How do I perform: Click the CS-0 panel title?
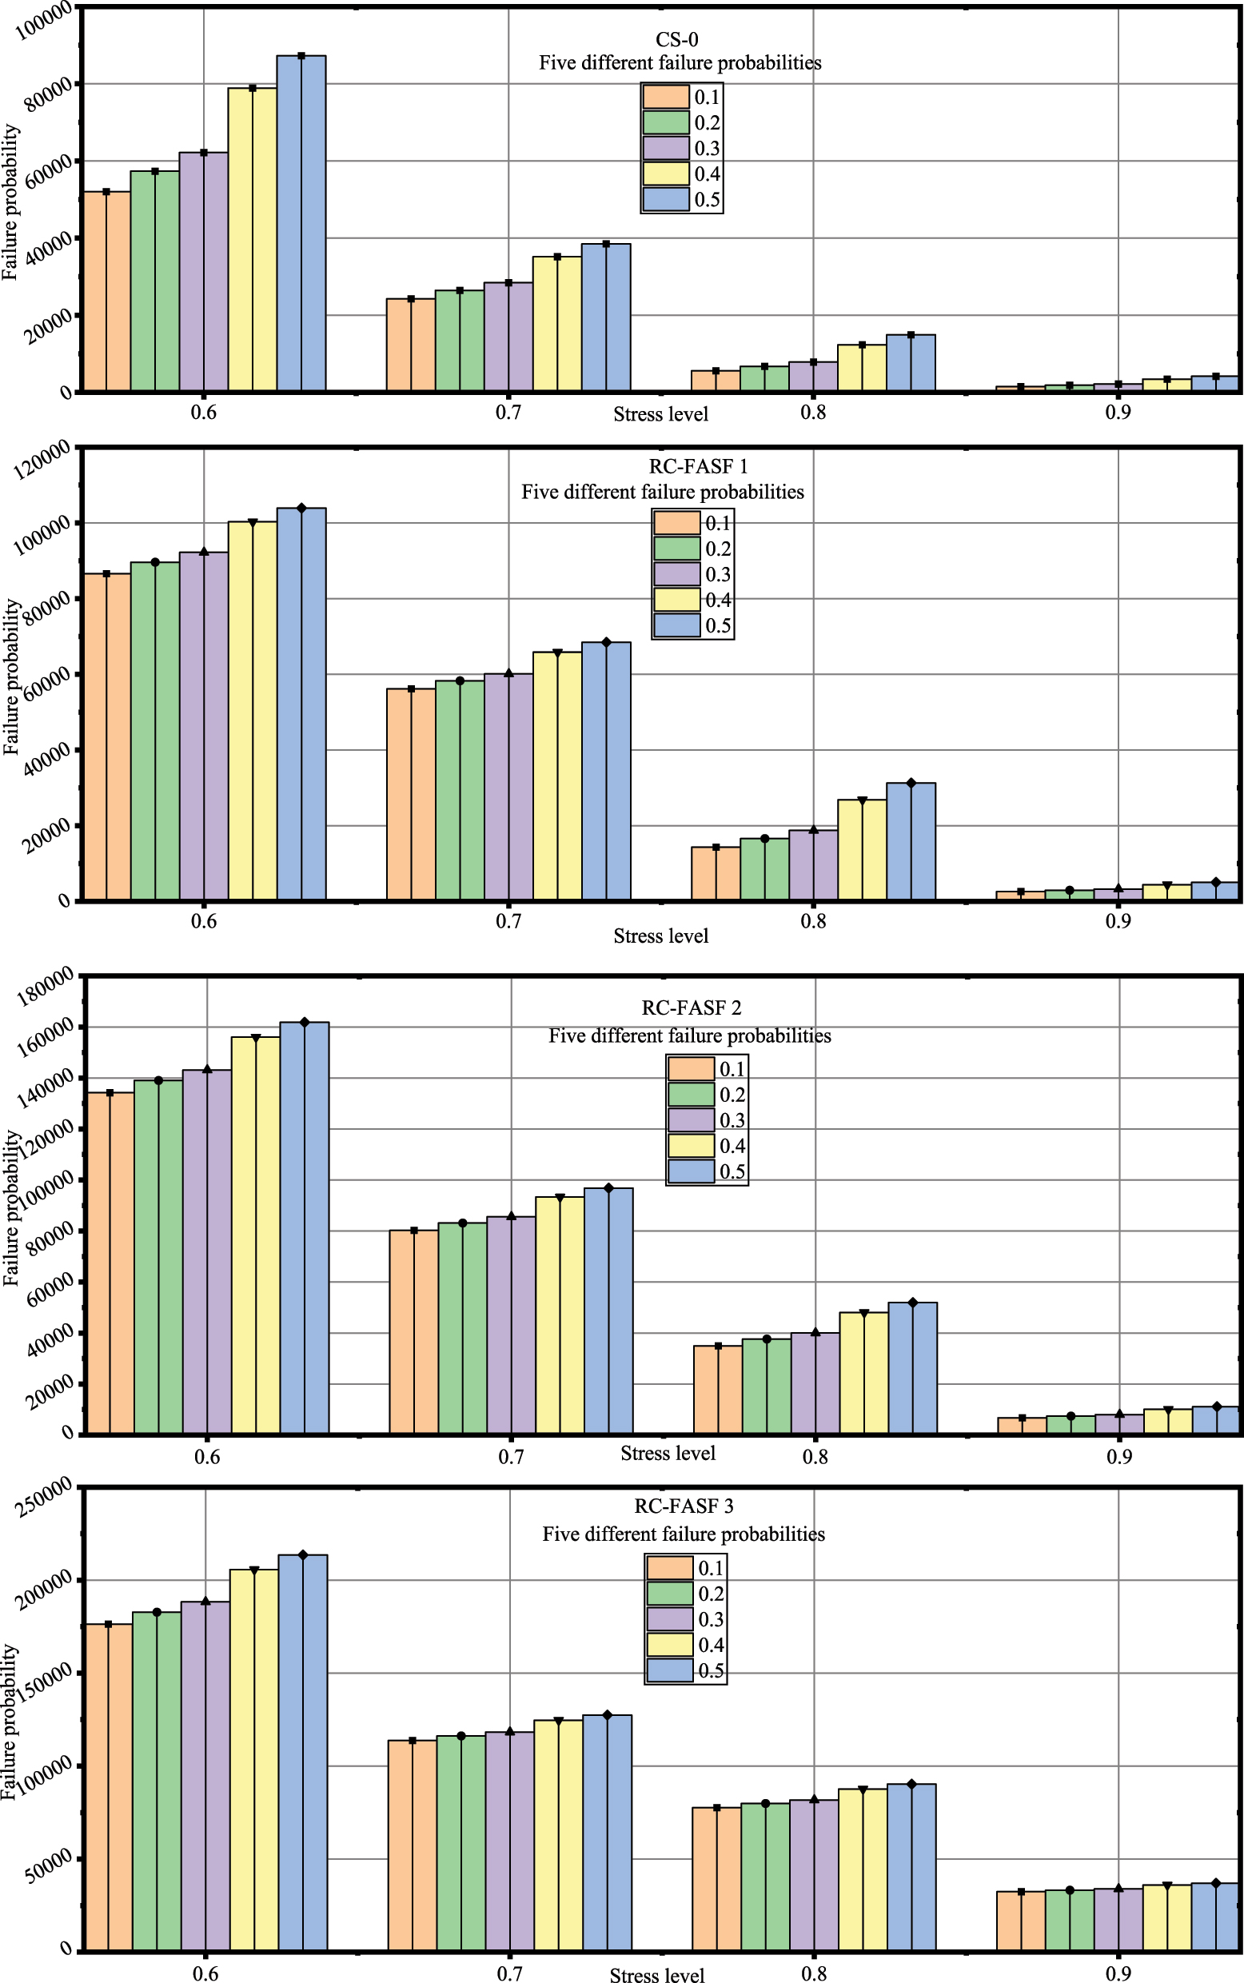tap(676, 39)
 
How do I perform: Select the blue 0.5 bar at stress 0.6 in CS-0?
tap(301, 222)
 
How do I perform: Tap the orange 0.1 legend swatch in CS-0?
tap(666, 97)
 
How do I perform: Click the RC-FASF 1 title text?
tap(698, 466)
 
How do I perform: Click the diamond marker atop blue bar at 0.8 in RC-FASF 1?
tap(911, 783)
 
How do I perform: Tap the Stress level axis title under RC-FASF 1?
tap(660, 936)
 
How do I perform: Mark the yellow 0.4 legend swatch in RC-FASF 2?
tap(691, 1145)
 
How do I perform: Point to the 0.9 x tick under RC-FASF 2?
tap(1119, 1457)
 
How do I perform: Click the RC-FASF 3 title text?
tap(683, 1506)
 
